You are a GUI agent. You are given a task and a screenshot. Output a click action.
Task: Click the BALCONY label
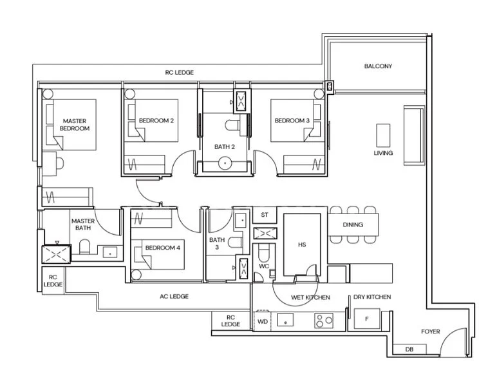pyautogui.click(x=378, y=66)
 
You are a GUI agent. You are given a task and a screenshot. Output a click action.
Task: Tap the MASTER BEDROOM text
pyautogui.click(x=75, y=124)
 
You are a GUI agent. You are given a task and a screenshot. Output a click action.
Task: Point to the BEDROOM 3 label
pyautogui.click(x=292, y=121)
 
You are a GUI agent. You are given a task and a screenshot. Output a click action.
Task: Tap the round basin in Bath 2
pyautogui.click(x=225, y=163)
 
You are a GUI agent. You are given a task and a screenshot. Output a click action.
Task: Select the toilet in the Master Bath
pyautogui.click(x=84, y=246)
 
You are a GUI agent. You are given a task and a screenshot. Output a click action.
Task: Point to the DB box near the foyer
pyautogui.click(x=409, y=350)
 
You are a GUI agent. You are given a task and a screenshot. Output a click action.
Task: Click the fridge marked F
pyautogui.click(x=366, y=319)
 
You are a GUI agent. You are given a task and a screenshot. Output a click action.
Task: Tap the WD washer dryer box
pyautogui.click(x=263, y=321)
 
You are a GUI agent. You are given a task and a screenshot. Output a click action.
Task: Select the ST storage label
pyautogui.click(x=264, y=215)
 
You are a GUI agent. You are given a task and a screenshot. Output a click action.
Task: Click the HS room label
pyautogui.click(x=302, y=245)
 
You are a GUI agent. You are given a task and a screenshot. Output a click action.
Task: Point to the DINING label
pyautogui.click(x=353, y=225)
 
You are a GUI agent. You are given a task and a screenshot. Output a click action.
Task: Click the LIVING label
pyautogui.click(x=383, y=153)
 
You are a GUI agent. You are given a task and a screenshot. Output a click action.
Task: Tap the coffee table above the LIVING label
pyautogui.click(x=383, y=135)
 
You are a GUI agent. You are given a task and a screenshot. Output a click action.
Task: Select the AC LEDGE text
pyautogui.click(x=174, y=297)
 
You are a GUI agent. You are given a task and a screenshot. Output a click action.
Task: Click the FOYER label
pyautogui.click(x=430, y=332)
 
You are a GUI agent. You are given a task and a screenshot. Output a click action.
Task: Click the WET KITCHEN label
pyautogui.click(x=310, y=297)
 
